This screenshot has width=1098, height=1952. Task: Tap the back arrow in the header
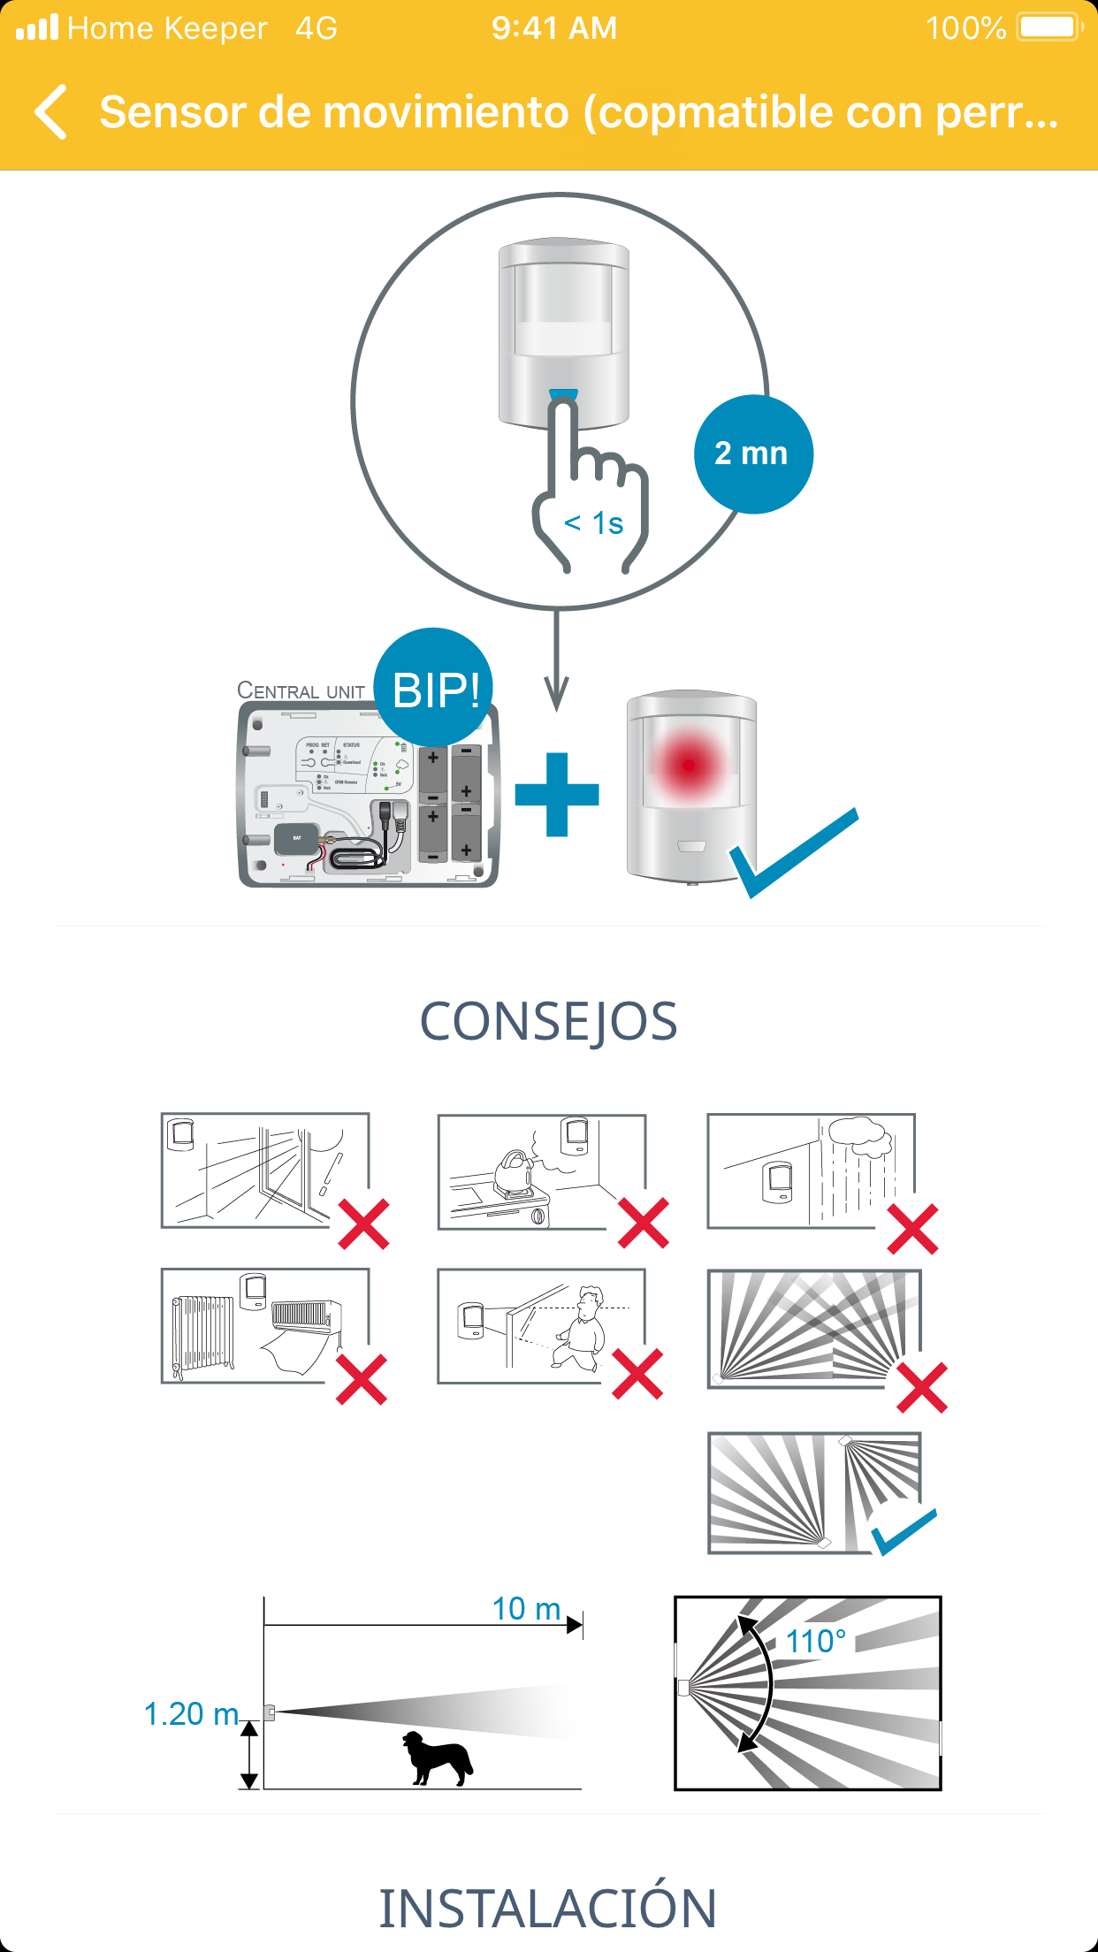(x=51, y=112)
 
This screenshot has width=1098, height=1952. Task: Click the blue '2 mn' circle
(x=752, y=454)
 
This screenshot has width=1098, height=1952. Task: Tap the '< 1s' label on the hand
(x=594, y=523)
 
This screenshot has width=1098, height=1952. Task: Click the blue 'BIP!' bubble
(x=435, y=689)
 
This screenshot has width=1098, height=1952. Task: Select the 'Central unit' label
(x=301, y=690)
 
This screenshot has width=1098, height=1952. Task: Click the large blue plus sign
(x=557, y=795)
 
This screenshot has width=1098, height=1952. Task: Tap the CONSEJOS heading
(x=548, y=1022)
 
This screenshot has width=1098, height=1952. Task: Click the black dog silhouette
(x=437, y=1758)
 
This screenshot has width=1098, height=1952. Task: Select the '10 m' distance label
(x=526, y=1609)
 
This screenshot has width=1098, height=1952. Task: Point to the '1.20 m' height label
(x=191, y=1714)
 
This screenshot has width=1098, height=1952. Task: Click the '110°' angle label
(x=815, y=1642)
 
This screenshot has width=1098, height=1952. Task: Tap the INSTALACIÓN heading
(x=548, y=1908)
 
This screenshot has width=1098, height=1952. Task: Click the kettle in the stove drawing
(x=514, y=1170)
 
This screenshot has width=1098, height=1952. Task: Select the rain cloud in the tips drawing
(x=858, y=1136)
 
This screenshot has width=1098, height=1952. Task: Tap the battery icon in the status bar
(x=1048, y=27)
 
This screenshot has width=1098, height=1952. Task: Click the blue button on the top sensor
(x=563, y=394)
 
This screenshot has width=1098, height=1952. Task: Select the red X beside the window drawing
(x=364, y=1224)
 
